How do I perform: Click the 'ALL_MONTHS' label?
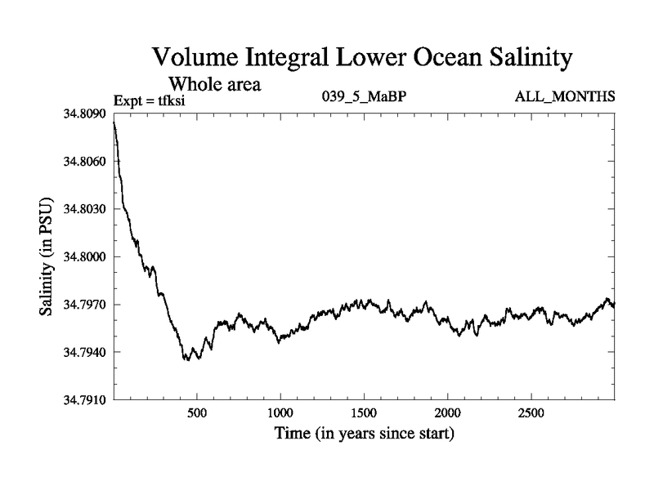click(x=564, y=97)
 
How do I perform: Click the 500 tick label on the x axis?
click(x=196, y=412)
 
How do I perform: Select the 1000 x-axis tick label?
click(x=280, y=412)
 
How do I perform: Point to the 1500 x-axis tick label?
click(x=364, y=412)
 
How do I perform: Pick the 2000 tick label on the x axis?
click(x=447, y=412)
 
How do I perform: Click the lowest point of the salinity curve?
click(x=187, y=360)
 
